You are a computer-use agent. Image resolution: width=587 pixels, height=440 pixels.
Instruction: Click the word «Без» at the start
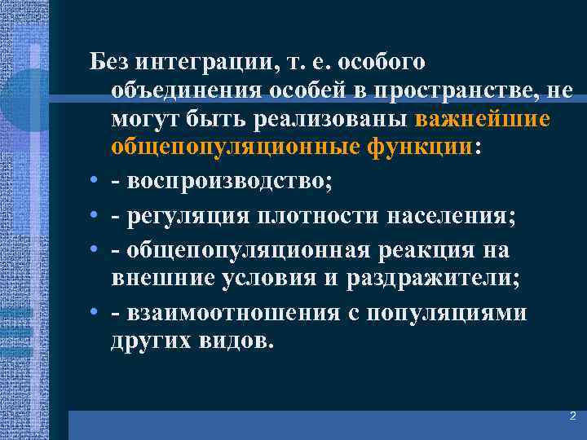click(108, 62)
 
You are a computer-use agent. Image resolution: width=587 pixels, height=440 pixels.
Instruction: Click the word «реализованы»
click(337, 121)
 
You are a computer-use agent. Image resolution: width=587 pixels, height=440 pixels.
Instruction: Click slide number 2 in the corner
click(572, 416)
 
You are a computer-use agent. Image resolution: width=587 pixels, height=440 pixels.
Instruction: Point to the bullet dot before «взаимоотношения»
click(95, 314)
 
